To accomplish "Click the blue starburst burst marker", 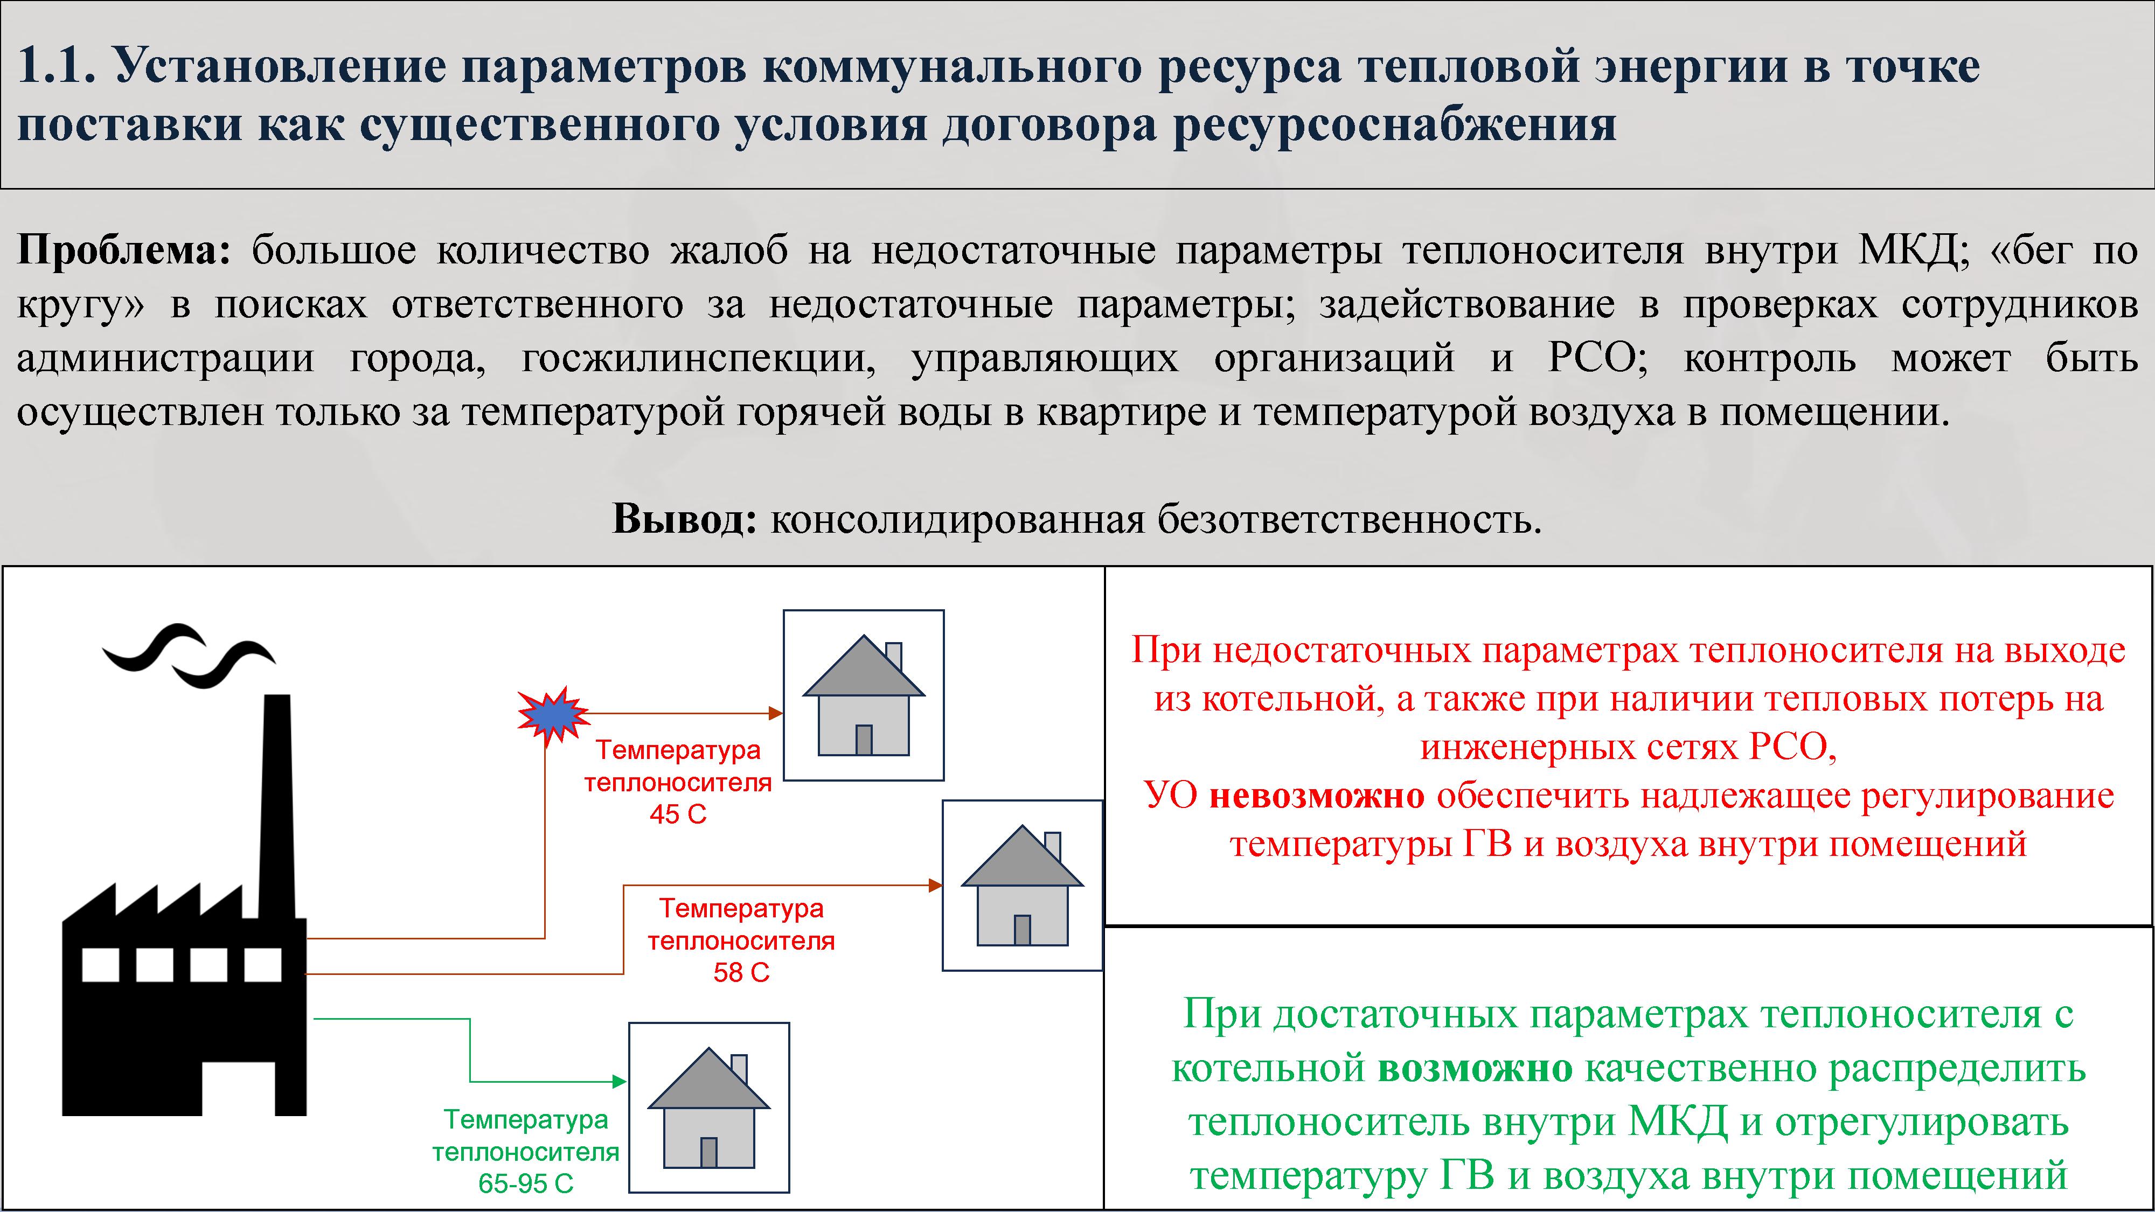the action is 553,716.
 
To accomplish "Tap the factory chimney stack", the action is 277,807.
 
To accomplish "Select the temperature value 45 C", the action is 678,814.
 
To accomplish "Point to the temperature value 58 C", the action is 741,973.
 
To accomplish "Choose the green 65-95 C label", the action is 525,1183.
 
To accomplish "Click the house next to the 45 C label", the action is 863,695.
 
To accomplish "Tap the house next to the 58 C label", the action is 1023,885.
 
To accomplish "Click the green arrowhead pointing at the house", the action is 620,1082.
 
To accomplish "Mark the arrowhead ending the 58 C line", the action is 935,885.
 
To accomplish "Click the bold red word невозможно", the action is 1317,796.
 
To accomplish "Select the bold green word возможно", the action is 1476,1069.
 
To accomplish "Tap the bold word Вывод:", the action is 685,519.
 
